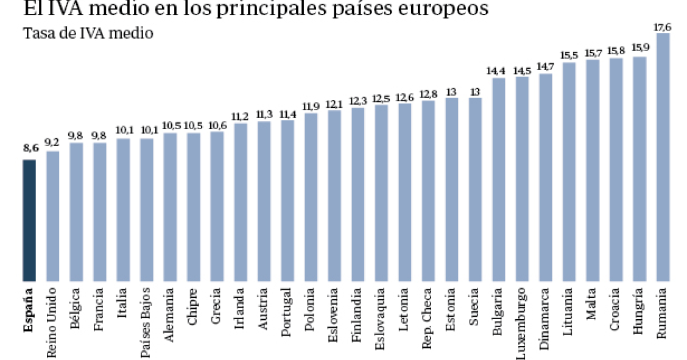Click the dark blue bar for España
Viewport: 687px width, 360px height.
point(29,221)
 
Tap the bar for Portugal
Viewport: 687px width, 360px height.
point(287,201)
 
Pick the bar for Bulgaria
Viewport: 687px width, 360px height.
point(499,180)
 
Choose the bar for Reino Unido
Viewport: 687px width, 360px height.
point(53,216)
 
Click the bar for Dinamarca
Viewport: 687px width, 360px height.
point(546,177)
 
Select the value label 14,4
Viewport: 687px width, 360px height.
point(497,71)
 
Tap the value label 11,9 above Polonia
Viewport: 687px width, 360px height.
point(311,106)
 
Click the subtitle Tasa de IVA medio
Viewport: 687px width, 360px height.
point(88,33)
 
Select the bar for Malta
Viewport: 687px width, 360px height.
point(593,171)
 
